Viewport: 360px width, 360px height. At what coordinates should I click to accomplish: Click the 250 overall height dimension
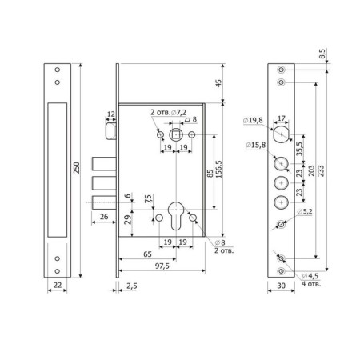pyautogui.click(x=77, y=168)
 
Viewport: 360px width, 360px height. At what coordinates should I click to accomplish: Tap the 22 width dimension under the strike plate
pyautogui.click(x=58, y=285)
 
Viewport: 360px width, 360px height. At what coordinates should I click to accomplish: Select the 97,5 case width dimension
pyautogui.click(x=162, y=266)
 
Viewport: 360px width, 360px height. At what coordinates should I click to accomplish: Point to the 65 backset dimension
pyautogui.click(x=147, y=254)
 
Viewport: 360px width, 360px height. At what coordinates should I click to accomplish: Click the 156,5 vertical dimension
pyautogui.click(x=219, y=169)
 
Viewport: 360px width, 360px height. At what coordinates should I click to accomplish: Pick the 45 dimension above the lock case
pyautogui.click(x=218, y=83)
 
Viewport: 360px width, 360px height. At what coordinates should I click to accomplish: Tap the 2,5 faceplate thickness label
pyautogui.click(x=132, y=286)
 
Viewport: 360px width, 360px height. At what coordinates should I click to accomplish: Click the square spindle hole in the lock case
pyautogui.click(x=176, y=134)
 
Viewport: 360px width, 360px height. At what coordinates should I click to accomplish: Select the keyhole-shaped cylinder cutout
pyautogui.click(x=176, y=215)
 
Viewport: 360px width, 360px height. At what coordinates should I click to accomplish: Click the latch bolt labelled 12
pyautogui.click(x=111, y=131)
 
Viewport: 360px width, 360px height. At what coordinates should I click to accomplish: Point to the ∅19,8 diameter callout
pyautogui.click(x=253, y=120)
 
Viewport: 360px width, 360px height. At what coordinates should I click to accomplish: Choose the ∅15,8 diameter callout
pyautogui.click(x=256, y=145)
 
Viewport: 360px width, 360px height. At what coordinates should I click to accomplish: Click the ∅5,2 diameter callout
pyautogui.click(x=304, y=212)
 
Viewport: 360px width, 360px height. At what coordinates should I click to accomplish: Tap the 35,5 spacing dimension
pyautogui.click(x=300, y=149)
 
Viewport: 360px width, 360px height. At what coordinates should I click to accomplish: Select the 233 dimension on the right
pyautogui.click(x=321, y=170)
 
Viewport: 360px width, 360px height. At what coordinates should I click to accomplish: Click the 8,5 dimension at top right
pyautogui.click(x=322, y=54)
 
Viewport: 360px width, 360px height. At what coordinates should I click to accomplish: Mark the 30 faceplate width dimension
pyautogui.click(x=281, y=286)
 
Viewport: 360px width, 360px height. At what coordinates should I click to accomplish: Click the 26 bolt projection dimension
pyautogui.click(x=104, y=217)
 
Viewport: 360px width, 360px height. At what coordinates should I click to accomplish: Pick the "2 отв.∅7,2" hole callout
pyautogui.click(x=168, y=112)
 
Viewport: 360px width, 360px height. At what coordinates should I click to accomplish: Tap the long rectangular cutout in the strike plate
pyautogui.click(x=58, y=170)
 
